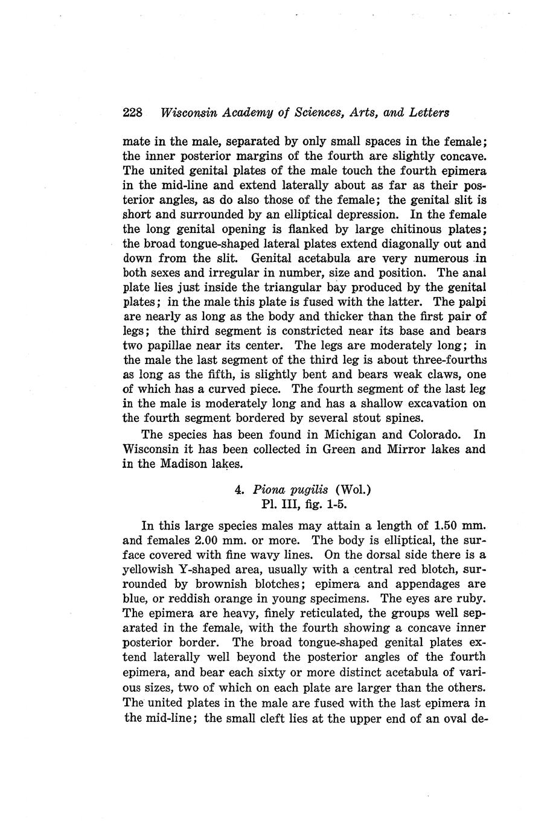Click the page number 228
pyautogui.click(x=132, y=113)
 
